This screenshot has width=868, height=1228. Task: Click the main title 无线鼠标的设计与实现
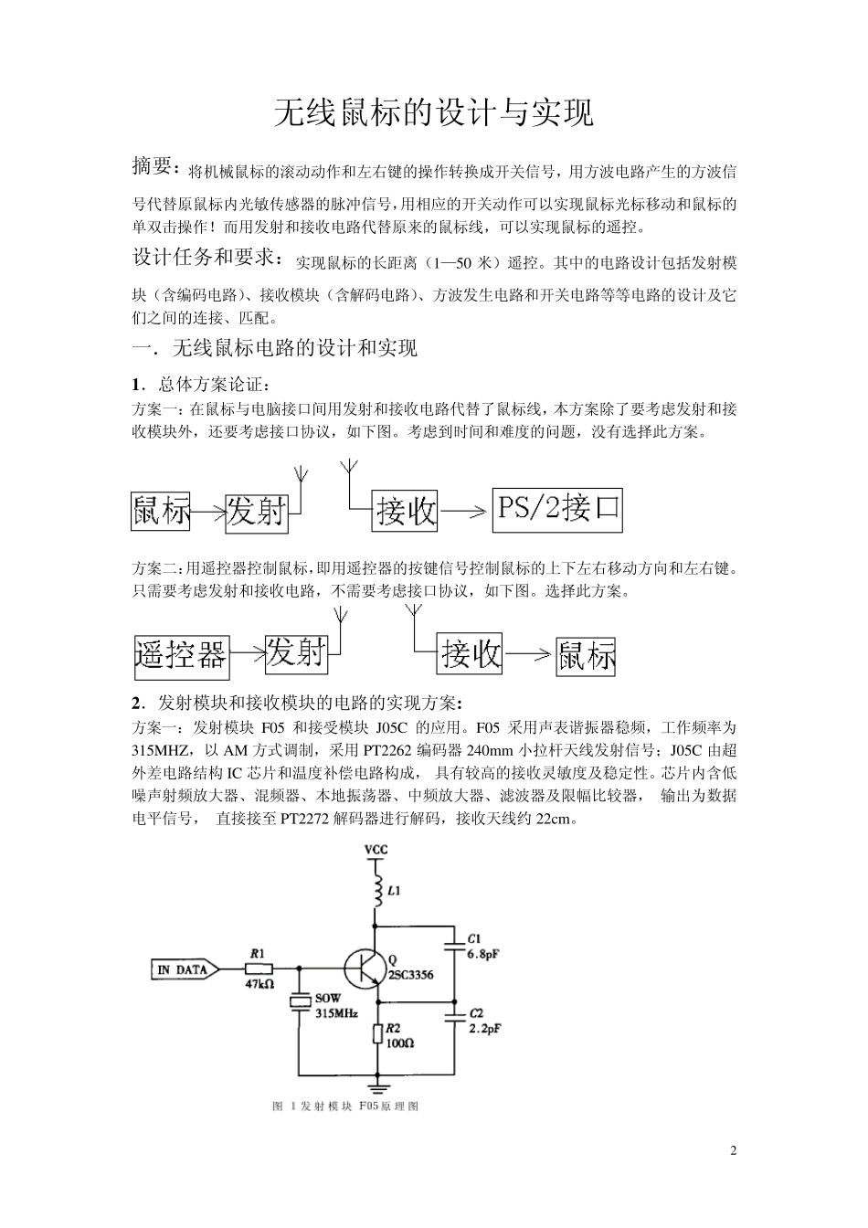click(x=434, y=113)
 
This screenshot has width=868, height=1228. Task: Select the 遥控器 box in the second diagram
click(x=181, y=655)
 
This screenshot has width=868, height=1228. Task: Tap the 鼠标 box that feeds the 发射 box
click(x=162, y=511)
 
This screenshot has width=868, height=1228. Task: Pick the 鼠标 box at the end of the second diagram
click(x=586, y=655)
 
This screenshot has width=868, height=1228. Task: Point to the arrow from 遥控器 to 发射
click(x=247, y=654)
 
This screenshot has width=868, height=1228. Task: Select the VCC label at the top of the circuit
click(x=376, y=850)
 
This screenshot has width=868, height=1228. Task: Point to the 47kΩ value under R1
click(x=259, y=985)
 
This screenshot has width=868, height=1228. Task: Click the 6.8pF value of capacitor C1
click(x=484, y=954)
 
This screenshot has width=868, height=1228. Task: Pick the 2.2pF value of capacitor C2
click(x=484, y=1028)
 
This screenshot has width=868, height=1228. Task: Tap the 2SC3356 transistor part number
click(x=411, y=975)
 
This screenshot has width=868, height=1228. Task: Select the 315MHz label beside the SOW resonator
click(x=336, y=1013)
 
